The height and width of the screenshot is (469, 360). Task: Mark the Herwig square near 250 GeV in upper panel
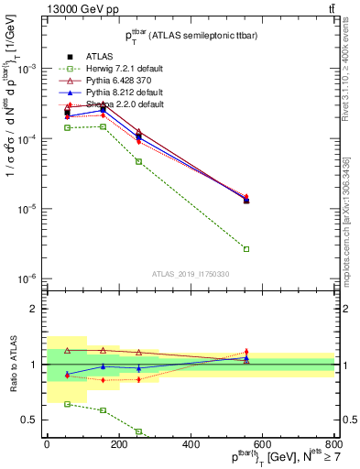tap(138, 161)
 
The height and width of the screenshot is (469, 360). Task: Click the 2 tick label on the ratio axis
tap(33, 309)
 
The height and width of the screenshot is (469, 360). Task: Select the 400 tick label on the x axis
tap(191, 444)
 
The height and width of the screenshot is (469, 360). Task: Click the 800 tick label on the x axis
tap(334, 444)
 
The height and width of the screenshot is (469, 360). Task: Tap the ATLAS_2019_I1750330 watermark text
tap(191, 274)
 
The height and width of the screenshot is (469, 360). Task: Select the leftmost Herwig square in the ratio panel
tap(67, 404)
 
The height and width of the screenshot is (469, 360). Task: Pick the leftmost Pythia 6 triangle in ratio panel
tap(67, 351)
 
